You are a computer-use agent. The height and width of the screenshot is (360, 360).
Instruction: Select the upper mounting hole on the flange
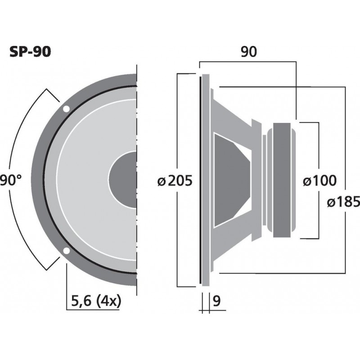click(66, 109)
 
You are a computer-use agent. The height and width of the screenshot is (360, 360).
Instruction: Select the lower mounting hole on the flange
click(66, 251)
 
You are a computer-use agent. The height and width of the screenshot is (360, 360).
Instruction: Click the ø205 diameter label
click(175, 181)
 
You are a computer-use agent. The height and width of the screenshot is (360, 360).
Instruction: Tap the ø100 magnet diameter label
click(319, 181)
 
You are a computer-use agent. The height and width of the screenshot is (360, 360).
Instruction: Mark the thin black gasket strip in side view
click(199, 180)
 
